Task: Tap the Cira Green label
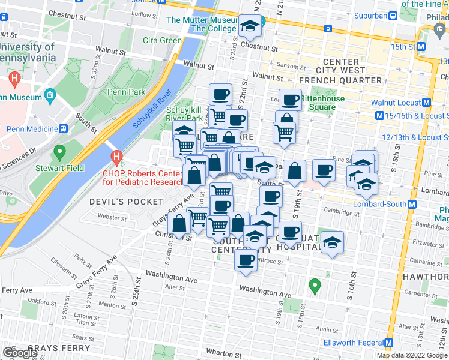[162, 41]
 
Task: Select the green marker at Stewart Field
[59, 154]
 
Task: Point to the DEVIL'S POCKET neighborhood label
[126, 202]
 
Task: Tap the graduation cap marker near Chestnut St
[249, 26]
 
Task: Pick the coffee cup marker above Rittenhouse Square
[291, 100]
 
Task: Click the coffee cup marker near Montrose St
[245, 260]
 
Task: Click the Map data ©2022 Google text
[412, 355]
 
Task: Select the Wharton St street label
[223, 351]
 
